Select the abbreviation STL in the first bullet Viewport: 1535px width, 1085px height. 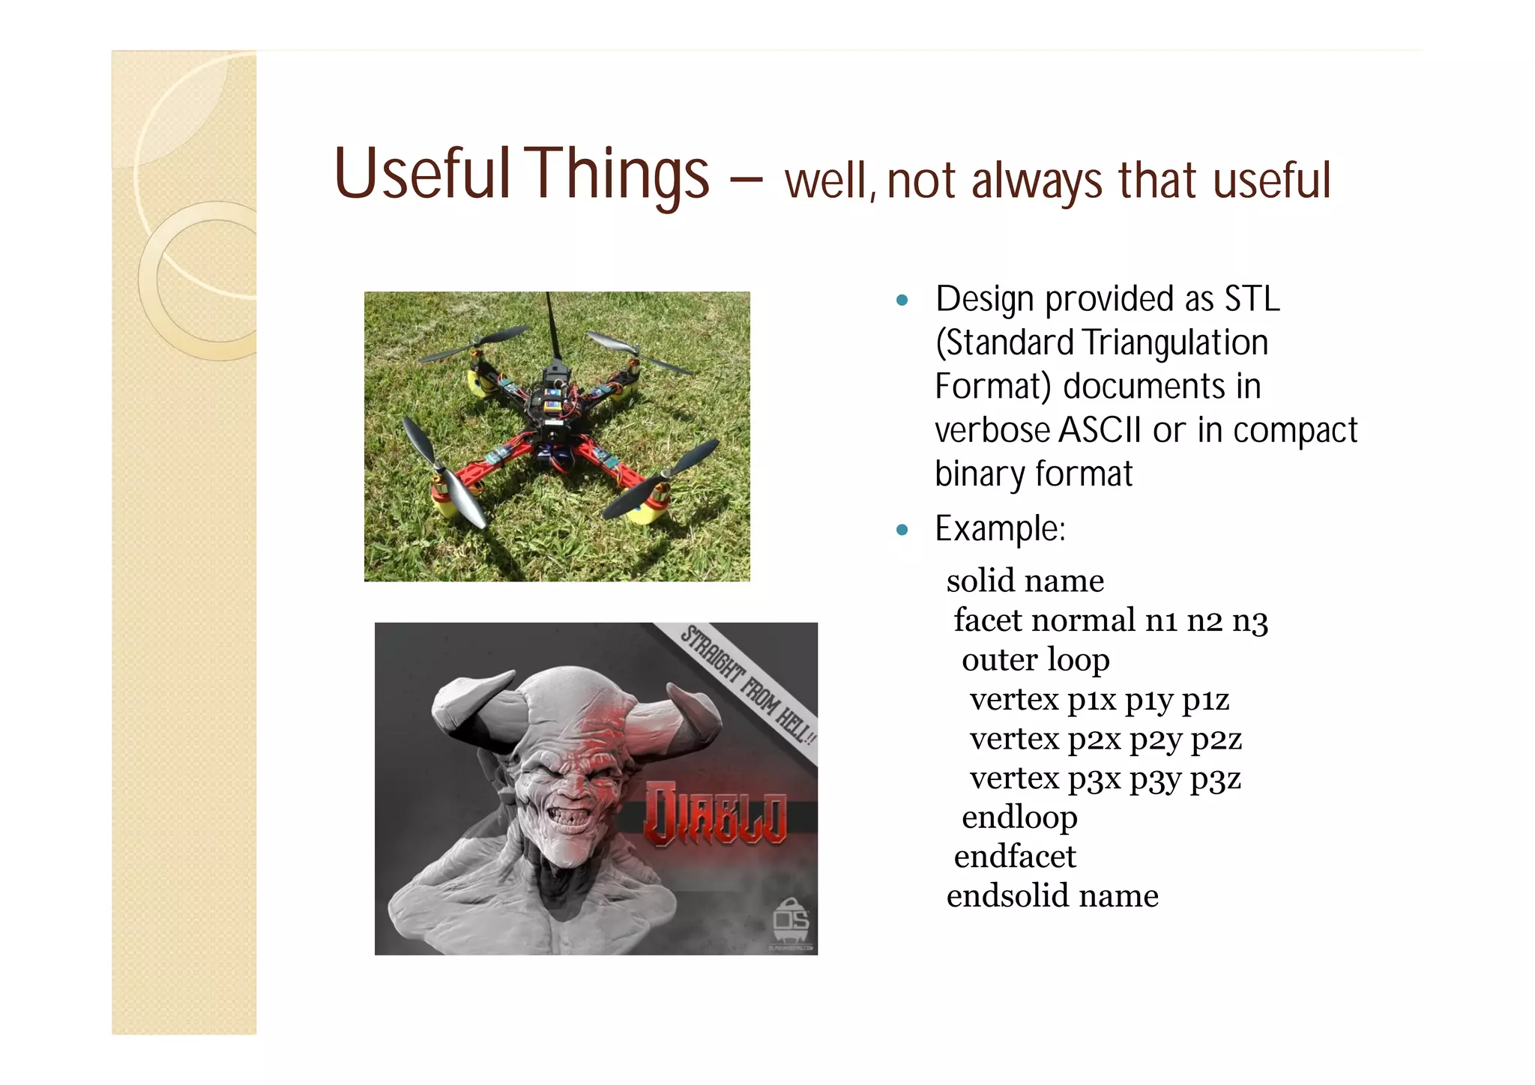[1252, 299]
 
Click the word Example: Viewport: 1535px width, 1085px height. [1000, 529]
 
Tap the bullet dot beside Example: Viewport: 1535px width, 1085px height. [902, 531]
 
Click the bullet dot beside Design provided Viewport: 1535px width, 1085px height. [902, 300]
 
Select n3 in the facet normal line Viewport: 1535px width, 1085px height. [1249, 621]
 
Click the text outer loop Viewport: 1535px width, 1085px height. [1035, 659]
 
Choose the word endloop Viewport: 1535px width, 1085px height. [1019, 817]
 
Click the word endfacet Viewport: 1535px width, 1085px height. [1015, 856]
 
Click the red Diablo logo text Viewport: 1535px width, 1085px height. [716, 814]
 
